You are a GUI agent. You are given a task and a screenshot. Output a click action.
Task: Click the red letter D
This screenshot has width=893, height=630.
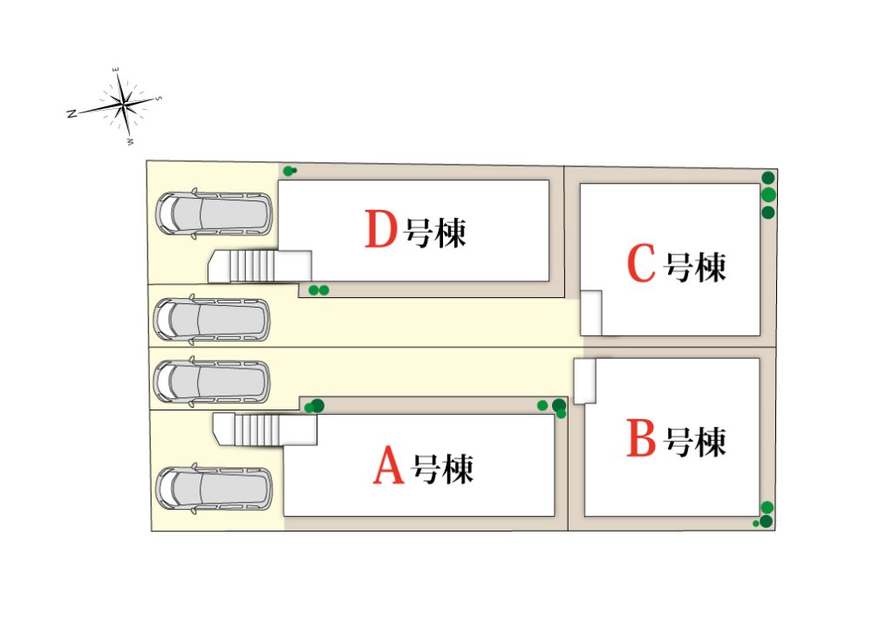(x=380, y=228)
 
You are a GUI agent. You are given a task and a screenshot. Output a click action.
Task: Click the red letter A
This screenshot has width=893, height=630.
(x=388, y=465)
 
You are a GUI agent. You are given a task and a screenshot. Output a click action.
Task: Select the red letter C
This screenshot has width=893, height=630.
(x=641, y=263)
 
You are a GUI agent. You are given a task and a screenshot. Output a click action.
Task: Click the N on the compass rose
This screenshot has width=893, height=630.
(x=72, y=114)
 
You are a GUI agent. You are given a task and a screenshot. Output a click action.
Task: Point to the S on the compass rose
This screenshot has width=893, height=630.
(x=159, y=98)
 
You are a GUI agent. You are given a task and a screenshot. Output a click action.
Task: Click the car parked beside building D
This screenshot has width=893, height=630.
(x=215, y=214)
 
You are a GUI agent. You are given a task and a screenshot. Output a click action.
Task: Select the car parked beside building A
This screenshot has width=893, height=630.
(x=215, y=489)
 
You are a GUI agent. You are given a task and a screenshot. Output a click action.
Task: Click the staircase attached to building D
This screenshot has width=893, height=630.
(x=260, y=267)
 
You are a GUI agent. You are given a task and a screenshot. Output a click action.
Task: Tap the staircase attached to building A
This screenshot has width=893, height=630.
(x=265, y=430)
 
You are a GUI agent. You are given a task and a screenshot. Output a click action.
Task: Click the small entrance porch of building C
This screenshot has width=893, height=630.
(x=591, y=313)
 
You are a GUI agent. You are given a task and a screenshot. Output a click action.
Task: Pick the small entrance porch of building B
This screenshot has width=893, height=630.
(x=585, y=382)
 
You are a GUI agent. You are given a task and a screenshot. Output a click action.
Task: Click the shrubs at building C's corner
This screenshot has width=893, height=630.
(x=768, y=195)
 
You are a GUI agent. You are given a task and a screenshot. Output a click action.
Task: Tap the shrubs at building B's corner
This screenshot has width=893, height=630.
(x=765, y=515)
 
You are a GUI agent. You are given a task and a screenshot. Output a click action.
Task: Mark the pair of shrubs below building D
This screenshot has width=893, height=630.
(x=319, y=290)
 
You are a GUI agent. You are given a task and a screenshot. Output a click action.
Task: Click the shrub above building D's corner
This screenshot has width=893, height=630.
(x=290, y=170)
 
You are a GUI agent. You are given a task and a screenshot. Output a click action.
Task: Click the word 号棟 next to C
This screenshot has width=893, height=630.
(x=695, y=267)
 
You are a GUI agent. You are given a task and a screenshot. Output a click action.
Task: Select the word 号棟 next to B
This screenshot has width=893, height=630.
(x=695, y=441)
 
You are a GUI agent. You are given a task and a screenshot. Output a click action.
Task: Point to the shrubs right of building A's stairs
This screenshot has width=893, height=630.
(x=314, y=406)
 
